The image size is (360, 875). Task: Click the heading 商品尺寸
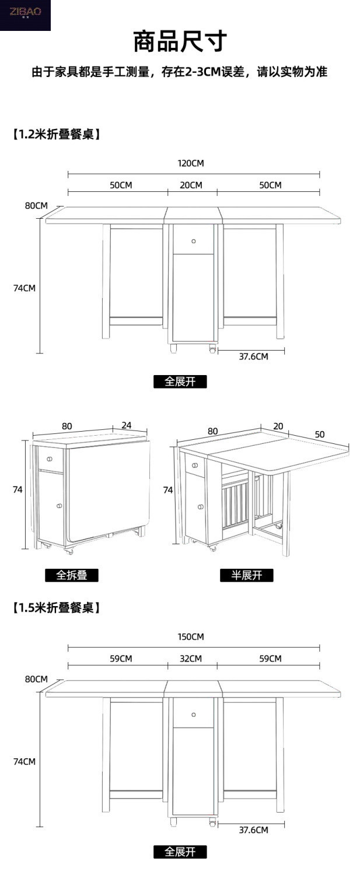point(180,42)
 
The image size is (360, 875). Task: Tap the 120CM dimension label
point(191,163)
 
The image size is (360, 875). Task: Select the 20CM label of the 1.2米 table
point(191,185)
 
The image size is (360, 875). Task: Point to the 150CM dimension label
point(191,637)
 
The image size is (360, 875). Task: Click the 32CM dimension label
point(191,659)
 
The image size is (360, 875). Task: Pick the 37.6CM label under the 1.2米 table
point(253,356)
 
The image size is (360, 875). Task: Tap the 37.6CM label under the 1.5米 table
point(253,830)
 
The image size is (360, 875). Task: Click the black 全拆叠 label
point(72,575)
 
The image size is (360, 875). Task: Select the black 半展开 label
point(247,575)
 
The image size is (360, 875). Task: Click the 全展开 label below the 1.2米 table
point(180,382)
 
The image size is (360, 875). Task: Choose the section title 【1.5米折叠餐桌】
point(56,608)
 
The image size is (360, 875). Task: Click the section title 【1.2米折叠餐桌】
point(56,134)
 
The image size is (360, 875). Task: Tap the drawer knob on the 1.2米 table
point(193,241)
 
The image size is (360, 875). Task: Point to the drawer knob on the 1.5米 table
point(193,715)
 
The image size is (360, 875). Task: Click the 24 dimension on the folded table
point(127,425)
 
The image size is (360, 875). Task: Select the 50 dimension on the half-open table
point(319,435)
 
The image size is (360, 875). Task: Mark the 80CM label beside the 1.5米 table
point(36,679)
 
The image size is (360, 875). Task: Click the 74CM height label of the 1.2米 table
point(25,288)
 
